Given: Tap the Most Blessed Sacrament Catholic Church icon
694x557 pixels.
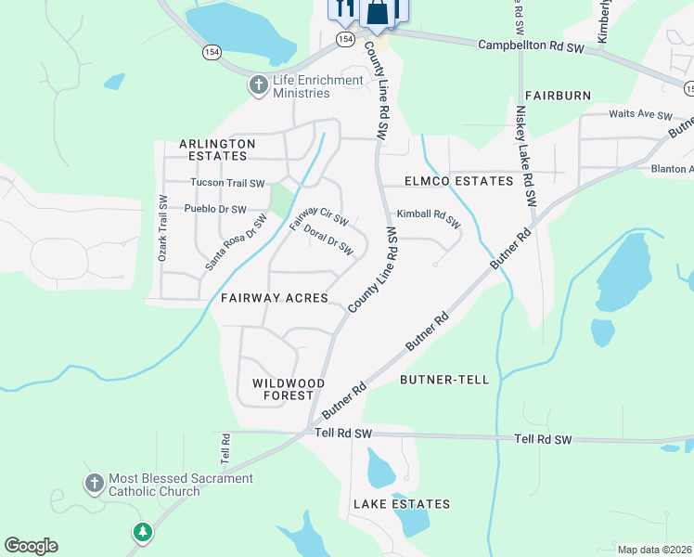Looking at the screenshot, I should [x=94, y=485].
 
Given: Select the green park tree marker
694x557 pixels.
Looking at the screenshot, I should [x=141, y=532].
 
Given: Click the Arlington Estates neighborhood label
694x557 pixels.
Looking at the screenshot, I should [x=217, y=150].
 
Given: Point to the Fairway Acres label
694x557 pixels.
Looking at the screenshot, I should [x=274, y=298].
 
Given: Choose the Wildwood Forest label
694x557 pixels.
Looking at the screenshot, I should [x=289, y=389].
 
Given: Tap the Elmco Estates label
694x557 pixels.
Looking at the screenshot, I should [x=458, y=181].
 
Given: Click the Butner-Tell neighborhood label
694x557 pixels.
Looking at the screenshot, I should [x=439, y=380].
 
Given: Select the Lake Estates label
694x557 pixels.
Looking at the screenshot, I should [x=401, y=504].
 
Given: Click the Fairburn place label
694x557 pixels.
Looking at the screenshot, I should [x=558, y=96].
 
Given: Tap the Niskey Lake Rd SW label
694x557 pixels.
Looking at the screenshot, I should [x=526, y=155].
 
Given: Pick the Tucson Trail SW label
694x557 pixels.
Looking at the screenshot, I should [x=227, y=183].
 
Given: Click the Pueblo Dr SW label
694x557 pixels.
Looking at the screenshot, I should [x=215, y=209].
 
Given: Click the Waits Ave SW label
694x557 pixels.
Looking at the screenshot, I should [x=639, y=114].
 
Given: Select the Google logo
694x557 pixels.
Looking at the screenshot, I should [x=31, y=546].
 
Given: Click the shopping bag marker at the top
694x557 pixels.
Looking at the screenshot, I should [x=377, y=12].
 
